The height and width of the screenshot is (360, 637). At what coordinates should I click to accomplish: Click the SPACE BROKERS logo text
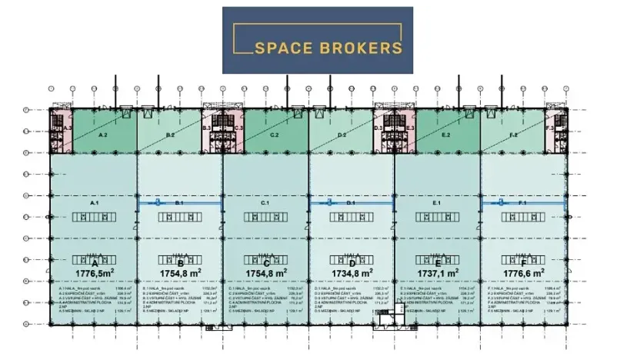pyautogui.click(x=329, y=48)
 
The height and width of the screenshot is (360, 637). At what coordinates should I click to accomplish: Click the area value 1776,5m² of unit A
pyautogui.click(x=95, y=272)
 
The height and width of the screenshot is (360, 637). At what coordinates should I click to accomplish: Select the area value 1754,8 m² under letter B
pyautogui.click(x=180, y=272)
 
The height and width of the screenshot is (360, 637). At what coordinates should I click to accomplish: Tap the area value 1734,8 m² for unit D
pyautogui.click(x=352, y=272)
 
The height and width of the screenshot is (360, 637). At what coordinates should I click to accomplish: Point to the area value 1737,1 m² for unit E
pyautogui.click(x=437, y=272)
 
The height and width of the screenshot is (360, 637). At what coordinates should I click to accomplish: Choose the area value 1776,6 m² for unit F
pyautogui.click(x=522, y=272)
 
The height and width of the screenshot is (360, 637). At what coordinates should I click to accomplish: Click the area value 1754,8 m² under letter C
pyautogui.click(x=266, y=272)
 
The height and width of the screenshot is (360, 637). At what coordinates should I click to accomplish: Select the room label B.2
pyautogui.click(x=170, y=135)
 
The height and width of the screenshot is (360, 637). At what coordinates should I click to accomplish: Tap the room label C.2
pyautogui.click(x=274, y=135)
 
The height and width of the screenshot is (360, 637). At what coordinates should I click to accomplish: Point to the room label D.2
pyautogui.click(x=342, y=135)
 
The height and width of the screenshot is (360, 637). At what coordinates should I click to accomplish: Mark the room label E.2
pyautogui.click(x=446, y=135)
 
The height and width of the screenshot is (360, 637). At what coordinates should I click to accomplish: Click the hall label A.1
pyautogui.click(x=95, y=202)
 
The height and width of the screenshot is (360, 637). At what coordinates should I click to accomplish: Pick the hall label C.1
pyautogui.click(x=265, y=202)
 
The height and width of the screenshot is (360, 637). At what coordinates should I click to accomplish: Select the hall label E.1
pyautogui.click(x=436, y=202)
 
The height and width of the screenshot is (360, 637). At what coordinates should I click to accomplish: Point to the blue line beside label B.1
pyautogui.click(x=157, y=203)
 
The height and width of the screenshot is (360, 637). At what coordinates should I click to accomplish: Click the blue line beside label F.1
pyautogui.click(x=500, y=203)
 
